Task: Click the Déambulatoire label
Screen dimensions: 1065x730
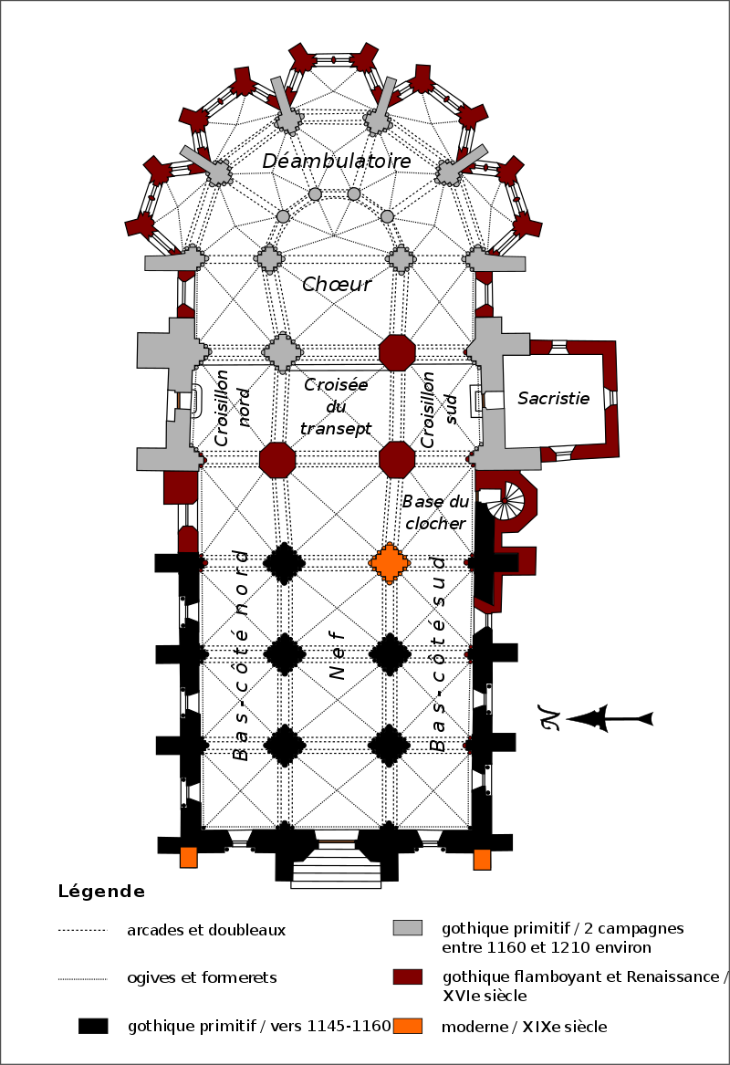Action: [337, 161]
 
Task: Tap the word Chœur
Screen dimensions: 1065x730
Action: [337, 285]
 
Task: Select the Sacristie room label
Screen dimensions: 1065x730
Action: [553, 398]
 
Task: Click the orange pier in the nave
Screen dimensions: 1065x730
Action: [390, 562]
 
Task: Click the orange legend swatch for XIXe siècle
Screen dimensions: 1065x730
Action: [408, 1025]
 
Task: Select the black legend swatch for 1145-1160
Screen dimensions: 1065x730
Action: [92, 1025]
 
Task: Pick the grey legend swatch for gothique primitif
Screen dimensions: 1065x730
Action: [408, 927]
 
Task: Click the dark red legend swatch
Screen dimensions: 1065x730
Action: [408, 976]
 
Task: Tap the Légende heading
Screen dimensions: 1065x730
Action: [101, 891]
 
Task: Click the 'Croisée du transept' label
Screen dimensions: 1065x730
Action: [337, 407]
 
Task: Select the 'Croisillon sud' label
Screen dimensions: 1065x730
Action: [439, 408]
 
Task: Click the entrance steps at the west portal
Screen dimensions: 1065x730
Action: [336, 871]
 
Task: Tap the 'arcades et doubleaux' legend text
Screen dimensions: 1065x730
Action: [207, 930]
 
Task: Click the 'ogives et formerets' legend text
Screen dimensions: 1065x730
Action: [203, 977]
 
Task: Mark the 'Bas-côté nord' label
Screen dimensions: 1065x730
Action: [241, 654]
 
